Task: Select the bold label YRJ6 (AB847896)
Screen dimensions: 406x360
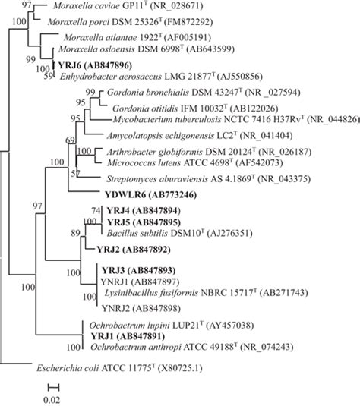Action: [95, 65]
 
